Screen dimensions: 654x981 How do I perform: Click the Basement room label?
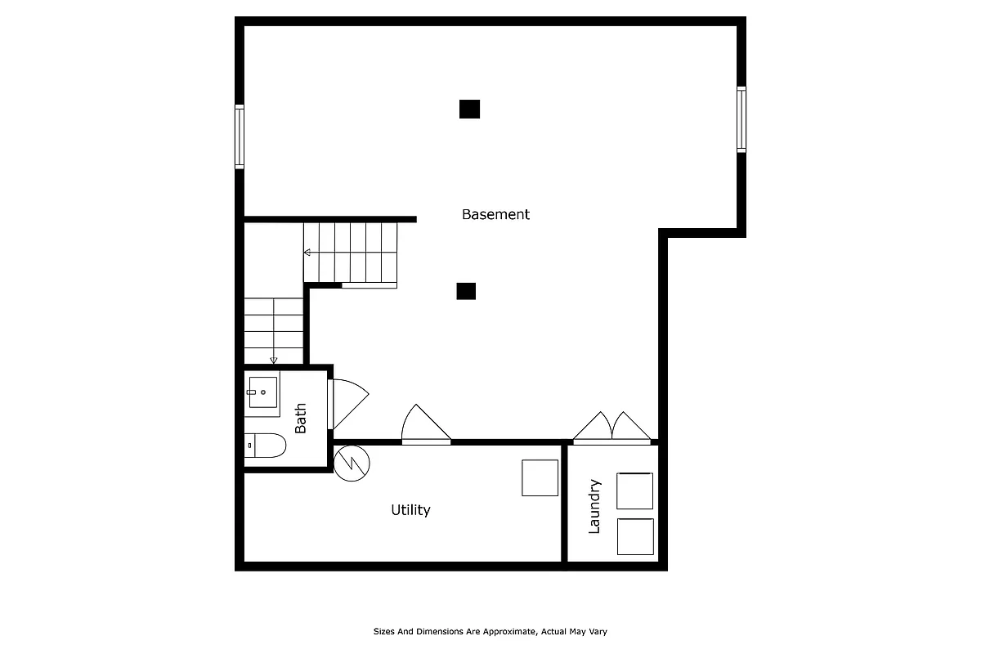click(495, 214)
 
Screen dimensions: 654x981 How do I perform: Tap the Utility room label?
click(410, 510)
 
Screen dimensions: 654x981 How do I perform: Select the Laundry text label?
click(594, 507)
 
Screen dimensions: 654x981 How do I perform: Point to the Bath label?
click(301, 418)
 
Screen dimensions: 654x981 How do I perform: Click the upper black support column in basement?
click(469, 109)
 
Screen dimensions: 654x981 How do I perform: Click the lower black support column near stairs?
click(466, 291)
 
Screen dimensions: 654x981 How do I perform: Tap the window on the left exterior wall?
click(240, 137)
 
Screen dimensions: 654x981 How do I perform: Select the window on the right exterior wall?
click(741, 120)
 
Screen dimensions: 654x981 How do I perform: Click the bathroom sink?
click(262, 392)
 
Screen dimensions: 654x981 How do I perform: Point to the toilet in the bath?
click(267, 446)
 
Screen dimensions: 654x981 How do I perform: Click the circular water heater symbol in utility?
click(352, 464)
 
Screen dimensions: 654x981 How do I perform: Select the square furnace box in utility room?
click(540, 477)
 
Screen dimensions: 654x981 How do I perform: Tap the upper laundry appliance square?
click(634, 491)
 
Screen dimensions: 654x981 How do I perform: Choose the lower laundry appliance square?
click(634, 536)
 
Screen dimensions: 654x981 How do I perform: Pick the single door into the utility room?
click(424, 425)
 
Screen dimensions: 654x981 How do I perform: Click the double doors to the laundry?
click(611, 428)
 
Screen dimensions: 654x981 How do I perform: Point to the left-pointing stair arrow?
click(308, 253)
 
